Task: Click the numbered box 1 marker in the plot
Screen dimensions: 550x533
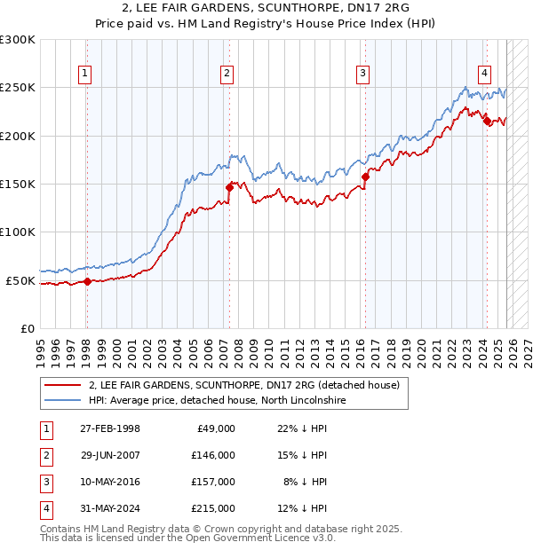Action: (x=86, y=74)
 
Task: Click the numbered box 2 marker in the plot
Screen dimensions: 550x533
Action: (x=227, y=74)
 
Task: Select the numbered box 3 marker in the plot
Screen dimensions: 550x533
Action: (x=363, y=74)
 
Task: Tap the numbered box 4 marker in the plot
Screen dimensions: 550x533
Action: (x=485, y=74)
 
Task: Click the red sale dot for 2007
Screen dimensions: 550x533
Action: (x=229, y=186)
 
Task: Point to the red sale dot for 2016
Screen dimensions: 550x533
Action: (x=365, y=177)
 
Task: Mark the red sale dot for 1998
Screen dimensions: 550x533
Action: (x=87, y=281)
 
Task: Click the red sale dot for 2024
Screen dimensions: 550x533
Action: (x=487, y=122)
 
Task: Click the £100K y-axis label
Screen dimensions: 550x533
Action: (x=18, y=232)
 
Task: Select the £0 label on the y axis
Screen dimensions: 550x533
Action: (x=27, y=328)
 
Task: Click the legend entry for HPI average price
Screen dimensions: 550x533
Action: (x=217, y=401)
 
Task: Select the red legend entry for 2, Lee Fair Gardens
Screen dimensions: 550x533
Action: (x=244, y=385)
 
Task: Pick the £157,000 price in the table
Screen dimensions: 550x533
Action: (x=212, y=482)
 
